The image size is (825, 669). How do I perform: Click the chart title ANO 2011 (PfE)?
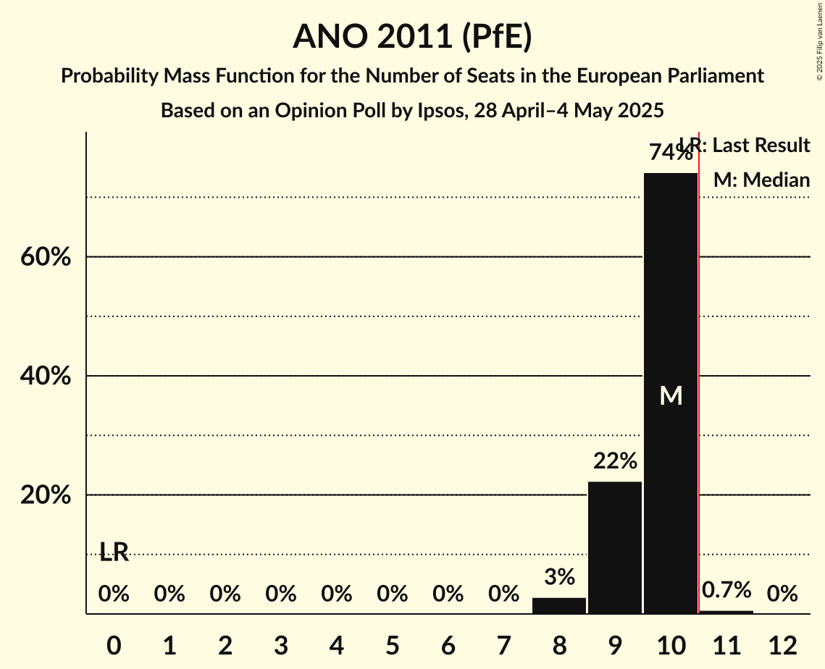point(412,36)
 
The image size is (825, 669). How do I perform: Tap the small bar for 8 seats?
point(559,605)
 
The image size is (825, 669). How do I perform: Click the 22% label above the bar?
point(615,461)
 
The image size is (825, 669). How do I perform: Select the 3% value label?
point(559,577)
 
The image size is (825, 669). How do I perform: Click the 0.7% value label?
point(726,590)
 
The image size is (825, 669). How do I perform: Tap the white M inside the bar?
point(671,395)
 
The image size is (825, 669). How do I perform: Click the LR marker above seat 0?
point(114,552)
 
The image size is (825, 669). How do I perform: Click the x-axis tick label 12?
point(782,645)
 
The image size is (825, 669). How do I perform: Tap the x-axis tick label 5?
point(392,645)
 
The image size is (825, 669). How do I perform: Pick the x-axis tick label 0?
point(114,645)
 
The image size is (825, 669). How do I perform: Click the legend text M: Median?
point(761,180)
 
